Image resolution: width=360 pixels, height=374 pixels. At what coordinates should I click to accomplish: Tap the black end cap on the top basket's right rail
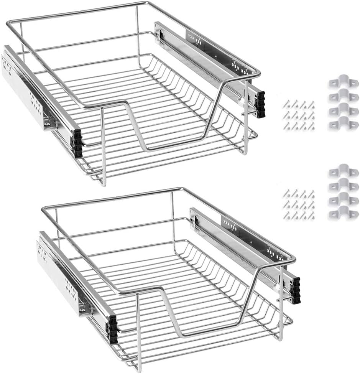point(261,104)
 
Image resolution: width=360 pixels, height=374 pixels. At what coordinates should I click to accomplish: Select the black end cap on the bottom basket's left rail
point(112,329)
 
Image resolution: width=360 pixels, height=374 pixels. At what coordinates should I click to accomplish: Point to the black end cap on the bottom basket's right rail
point(296,290)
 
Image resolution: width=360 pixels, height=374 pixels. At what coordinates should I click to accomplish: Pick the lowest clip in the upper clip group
point(343,124)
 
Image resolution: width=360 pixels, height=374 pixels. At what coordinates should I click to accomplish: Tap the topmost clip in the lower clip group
point(343,170)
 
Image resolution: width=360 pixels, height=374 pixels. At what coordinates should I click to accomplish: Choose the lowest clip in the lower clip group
point(343,212)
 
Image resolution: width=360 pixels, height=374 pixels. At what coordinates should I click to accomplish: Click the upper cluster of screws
point(299,115)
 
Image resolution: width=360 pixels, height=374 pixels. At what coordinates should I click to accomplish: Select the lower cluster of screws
point(299,204)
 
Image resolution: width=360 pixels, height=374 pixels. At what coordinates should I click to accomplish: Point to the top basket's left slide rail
point(35,92)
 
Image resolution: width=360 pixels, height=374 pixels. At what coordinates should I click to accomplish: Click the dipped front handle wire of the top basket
point(169,148)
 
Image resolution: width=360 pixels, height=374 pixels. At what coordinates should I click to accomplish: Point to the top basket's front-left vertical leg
point(103,146)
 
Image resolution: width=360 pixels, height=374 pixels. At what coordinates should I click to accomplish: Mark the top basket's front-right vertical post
point(246,115)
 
